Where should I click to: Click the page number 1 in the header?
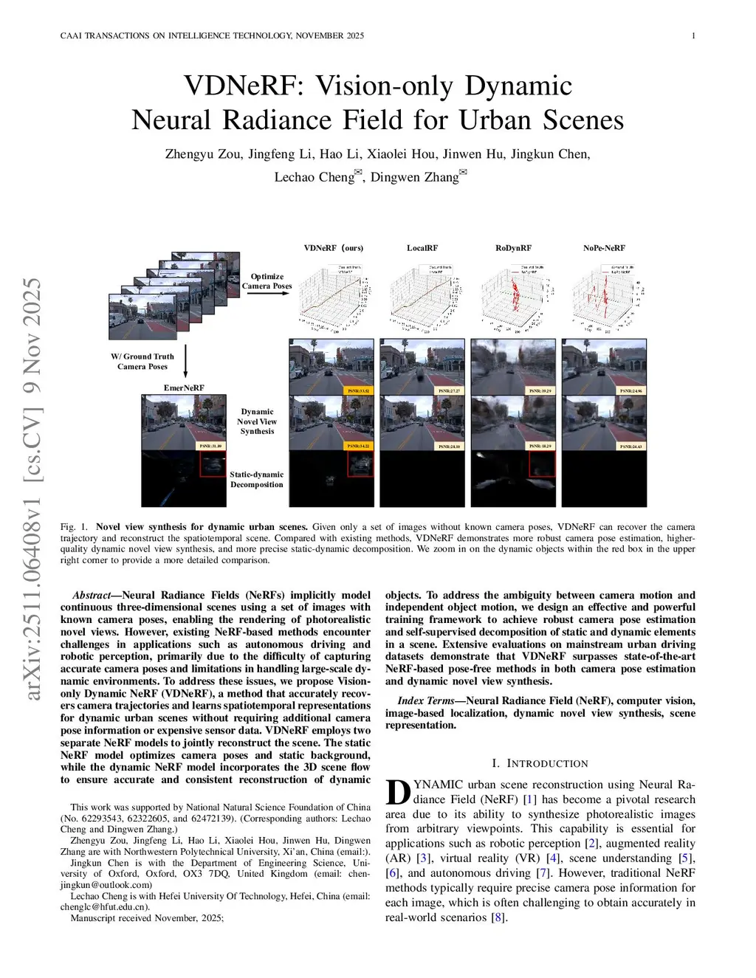[x=693, y=35]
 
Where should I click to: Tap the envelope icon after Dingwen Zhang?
[x=464, y=174]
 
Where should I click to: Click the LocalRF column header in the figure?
[x=422, y=248]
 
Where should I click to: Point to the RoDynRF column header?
[x=513, y=248]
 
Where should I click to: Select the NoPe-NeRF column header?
[x=604, y=248]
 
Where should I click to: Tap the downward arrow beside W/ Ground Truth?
[x=185, y=361]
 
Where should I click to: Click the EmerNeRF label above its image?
[x=184, y=388]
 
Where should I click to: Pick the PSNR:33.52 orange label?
[x=360, y=390]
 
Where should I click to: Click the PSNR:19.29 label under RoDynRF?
[x=541, y=390]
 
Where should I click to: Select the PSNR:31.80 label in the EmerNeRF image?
[x=211, y=446]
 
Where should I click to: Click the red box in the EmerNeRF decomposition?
[x=213, y=464]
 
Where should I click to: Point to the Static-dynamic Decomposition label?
[x=256, y=480]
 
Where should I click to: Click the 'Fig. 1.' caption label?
[x=74, y=527]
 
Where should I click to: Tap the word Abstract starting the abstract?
[x=92, y=595]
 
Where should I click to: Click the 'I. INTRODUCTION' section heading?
[x=540, y=763]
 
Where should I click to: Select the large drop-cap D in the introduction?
[x=398, y=792]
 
